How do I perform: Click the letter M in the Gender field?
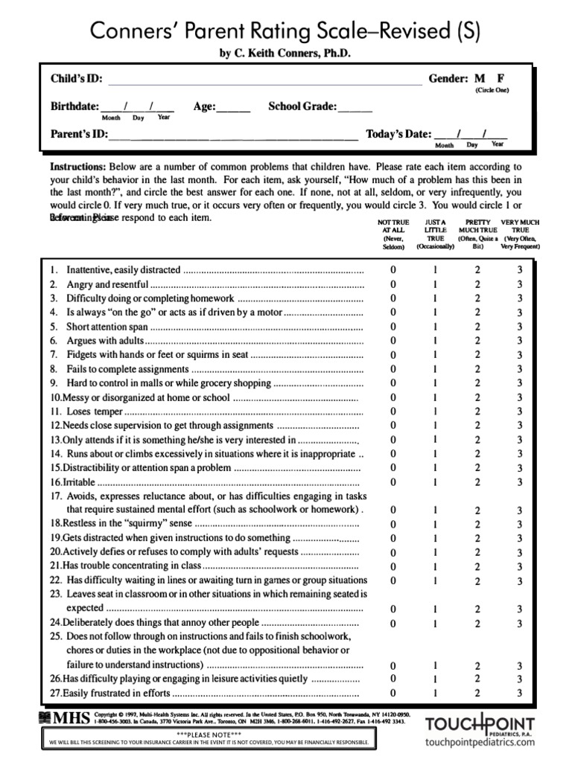point(480,78)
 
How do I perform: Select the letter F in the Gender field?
point(500,78)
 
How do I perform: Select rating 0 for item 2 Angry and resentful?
point(393,284)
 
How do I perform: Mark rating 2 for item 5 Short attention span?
point(477,327)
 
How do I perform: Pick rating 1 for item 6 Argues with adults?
point(436,341)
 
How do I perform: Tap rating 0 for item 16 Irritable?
point(393,482)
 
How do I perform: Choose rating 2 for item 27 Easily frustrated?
point(477,694)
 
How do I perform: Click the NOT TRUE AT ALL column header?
point(393,234)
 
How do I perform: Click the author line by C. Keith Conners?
point(285,54)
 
